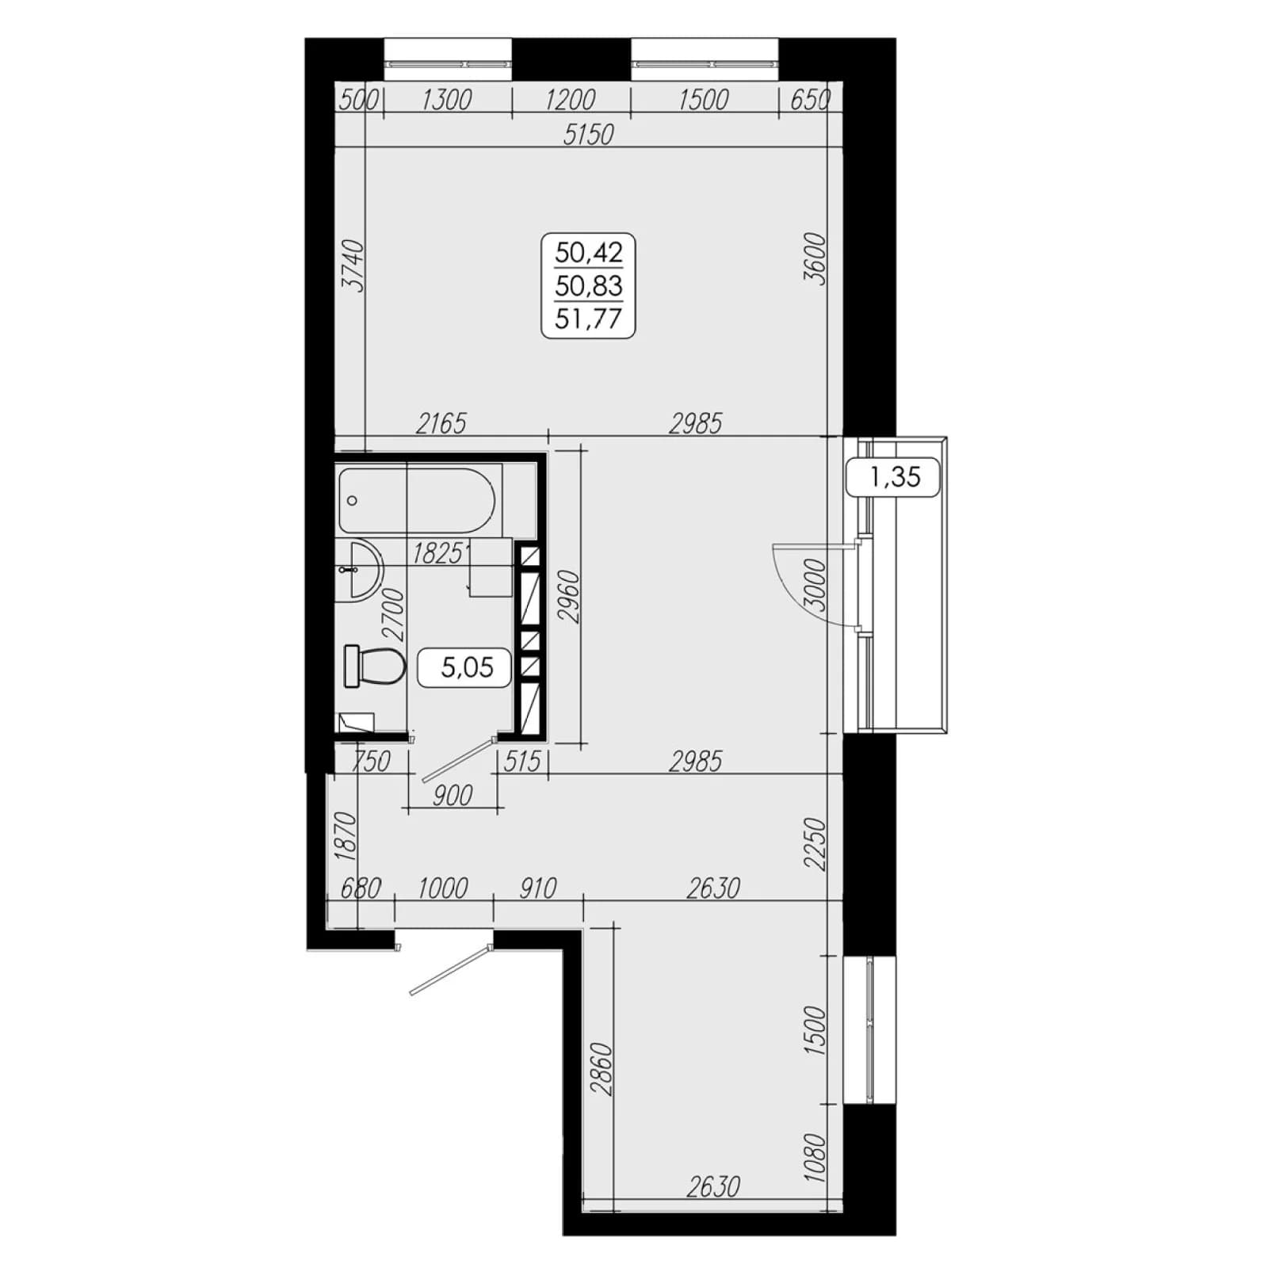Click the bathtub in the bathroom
click(417, 501)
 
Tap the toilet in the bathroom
click(373, 666)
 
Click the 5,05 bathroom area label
click(467, 668)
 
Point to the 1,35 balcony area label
click(895, 476)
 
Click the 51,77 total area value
click(589, 319)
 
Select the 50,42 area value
click(589, 253)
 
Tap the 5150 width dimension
click(588, 135)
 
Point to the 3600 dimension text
click(815, 259)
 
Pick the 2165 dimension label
click(441, 424)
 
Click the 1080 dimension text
click(815, 1158)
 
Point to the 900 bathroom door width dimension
click(453, 795)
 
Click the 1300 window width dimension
click(447, 100)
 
